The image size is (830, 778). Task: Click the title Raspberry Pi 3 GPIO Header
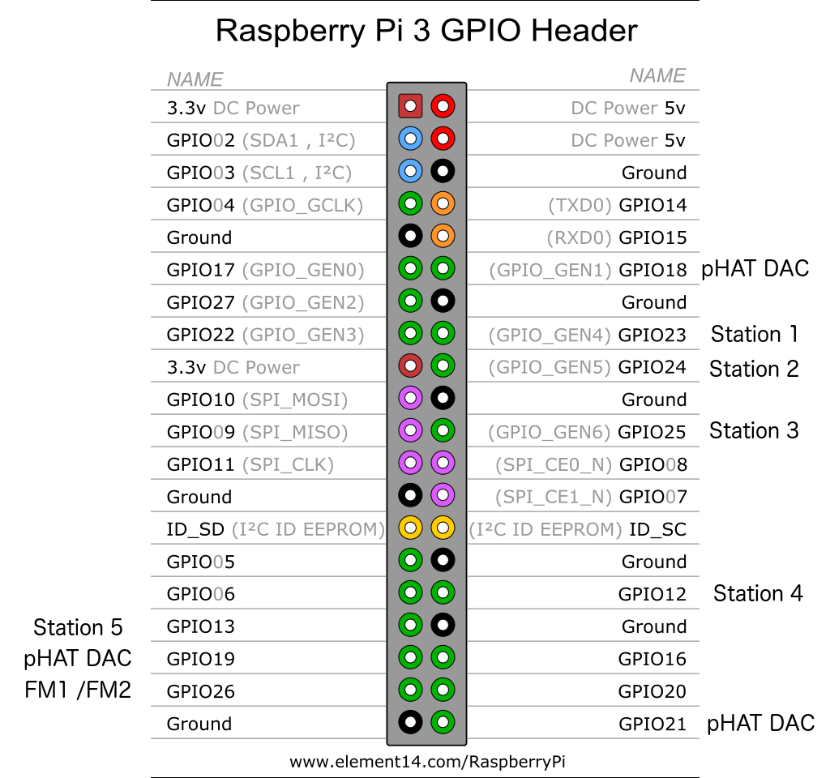pyautogui.click(x=426, y=31)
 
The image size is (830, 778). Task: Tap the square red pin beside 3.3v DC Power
pyautogui.click(x=411, y=106)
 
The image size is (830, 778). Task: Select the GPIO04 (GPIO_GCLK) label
pyautogui.click(x=264, y=205)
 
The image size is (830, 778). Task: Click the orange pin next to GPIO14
pyautogui.click(x=443, y=203)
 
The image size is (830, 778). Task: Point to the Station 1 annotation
pyautogui.click(x=755, y=334)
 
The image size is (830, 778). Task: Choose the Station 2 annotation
pyautogui.click(x=754, y=369)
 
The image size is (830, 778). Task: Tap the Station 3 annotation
pyautogui.click(x=754, y=430)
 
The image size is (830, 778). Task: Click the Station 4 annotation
pyautogui.click(x=758, y=593)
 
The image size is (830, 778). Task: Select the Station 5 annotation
pyautogui.click(x=78, y=627)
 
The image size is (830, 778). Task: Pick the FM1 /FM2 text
pyautogui.click(x=78, y=690)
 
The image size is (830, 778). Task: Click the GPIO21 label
pyautogui.click(x=652, y=724)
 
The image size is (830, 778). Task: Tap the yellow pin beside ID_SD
pyautogui.click(x=411, y=528)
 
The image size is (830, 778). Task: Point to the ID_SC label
pyautogui.click(x=657, y=529)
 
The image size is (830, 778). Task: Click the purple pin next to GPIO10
pyautogui.click(x=411, y=398)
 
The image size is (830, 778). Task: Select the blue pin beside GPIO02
pyautogui.click(x=411, y=139)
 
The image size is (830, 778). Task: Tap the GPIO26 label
pyautogui.click(x=200, y=691)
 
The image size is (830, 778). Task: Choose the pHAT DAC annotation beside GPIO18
pyautogui.click(x=755, y=268)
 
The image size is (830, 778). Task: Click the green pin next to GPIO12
pyautogui.click(x=443, y=592)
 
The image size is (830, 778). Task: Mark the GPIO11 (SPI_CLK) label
pyautogui.click(x=250, y=464)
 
